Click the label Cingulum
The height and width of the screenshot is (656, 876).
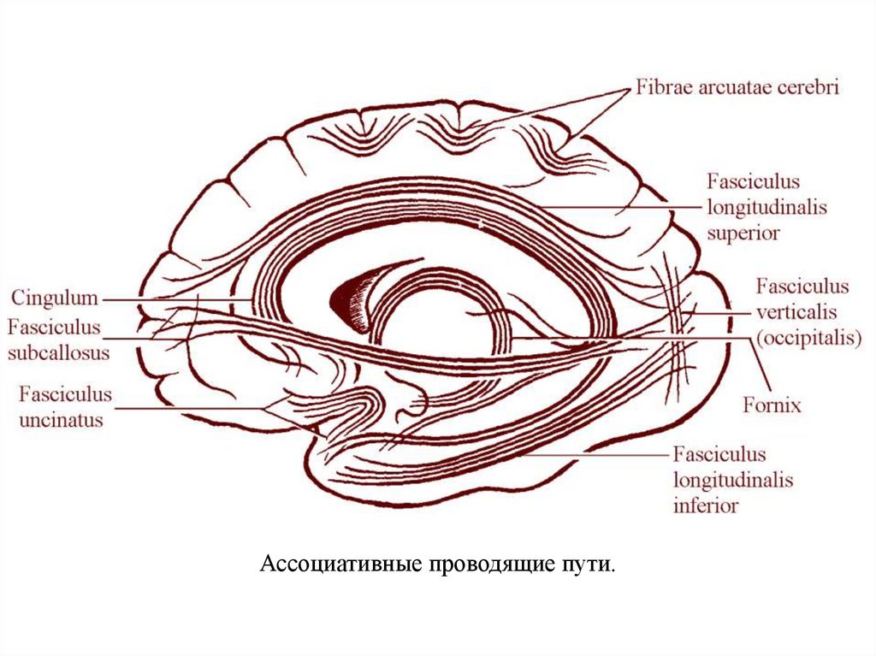(54, 298)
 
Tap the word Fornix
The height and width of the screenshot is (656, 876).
(772, 405)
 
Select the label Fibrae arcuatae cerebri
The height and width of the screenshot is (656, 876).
(737, 88)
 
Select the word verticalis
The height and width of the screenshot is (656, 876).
(796, 312)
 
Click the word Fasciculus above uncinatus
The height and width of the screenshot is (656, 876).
(66, 395)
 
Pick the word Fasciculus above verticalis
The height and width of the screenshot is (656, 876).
(802, 287)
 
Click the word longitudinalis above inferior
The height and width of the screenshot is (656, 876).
(733, 480)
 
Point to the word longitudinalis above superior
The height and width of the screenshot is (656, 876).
(767, 206)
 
